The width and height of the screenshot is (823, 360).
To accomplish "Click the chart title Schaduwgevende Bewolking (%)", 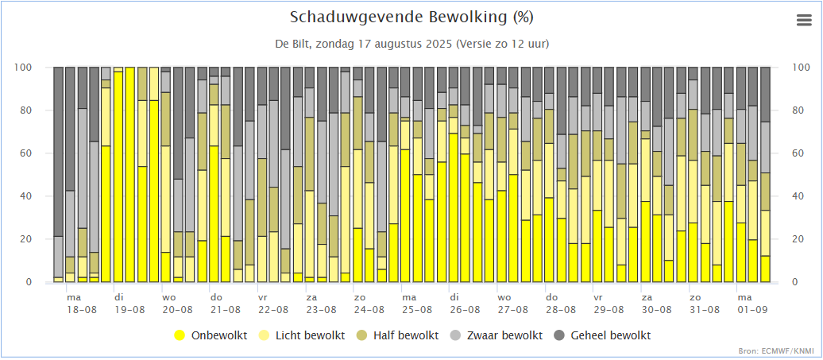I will (411, 17).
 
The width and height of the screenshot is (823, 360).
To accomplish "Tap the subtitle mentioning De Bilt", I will (411, 43).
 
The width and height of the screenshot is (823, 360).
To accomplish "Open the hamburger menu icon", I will (804, 21).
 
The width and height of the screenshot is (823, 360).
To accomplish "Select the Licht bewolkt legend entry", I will (305, 335).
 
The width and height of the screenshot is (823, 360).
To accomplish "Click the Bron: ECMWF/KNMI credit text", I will (782, 350).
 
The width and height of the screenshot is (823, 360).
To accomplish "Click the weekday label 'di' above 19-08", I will (119, 296).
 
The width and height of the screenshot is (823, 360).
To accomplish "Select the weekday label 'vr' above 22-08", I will (262, 296).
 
